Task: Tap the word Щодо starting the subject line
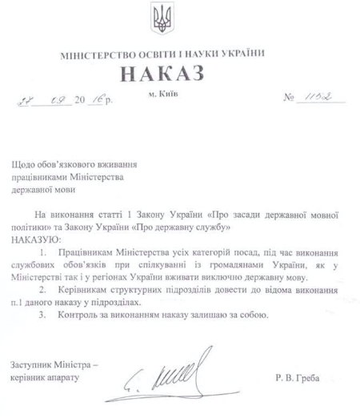click(x=24, y=159)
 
